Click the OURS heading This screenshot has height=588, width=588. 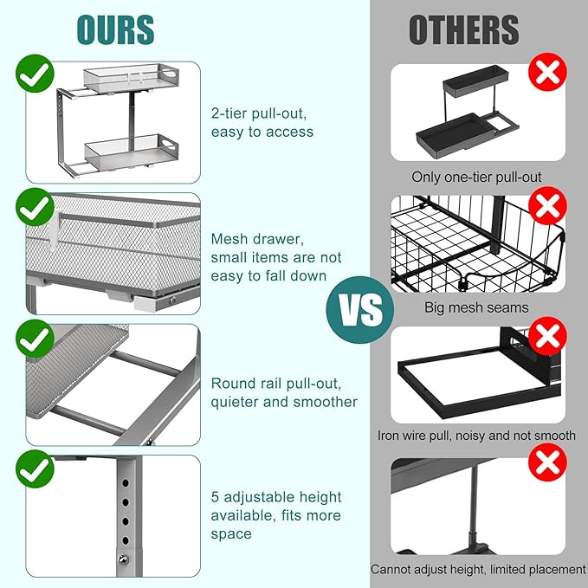115,30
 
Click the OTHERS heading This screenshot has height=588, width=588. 464,30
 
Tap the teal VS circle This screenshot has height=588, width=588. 360,310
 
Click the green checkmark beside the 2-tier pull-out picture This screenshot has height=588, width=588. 35,74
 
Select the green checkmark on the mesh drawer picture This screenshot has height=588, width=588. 35,207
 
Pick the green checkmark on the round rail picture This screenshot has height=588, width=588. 35,339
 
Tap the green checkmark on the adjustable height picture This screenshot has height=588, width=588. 35,469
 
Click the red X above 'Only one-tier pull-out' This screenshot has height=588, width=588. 547,72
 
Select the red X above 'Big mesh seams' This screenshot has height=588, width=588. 547,205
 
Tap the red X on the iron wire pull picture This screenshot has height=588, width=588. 547,336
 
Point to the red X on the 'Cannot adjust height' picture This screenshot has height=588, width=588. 547,462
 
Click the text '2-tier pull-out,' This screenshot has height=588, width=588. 259,113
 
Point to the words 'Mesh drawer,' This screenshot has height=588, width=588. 257,239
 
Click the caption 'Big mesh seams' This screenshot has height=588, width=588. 476,307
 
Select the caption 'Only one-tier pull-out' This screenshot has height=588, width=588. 476,177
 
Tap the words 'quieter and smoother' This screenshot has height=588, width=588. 284,402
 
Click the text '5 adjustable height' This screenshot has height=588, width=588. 276,497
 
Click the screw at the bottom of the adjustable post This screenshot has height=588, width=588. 123,560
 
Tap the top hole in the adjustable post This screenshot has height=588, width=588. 126,482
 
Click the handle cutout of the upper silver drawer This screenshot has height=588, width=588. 170,73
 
